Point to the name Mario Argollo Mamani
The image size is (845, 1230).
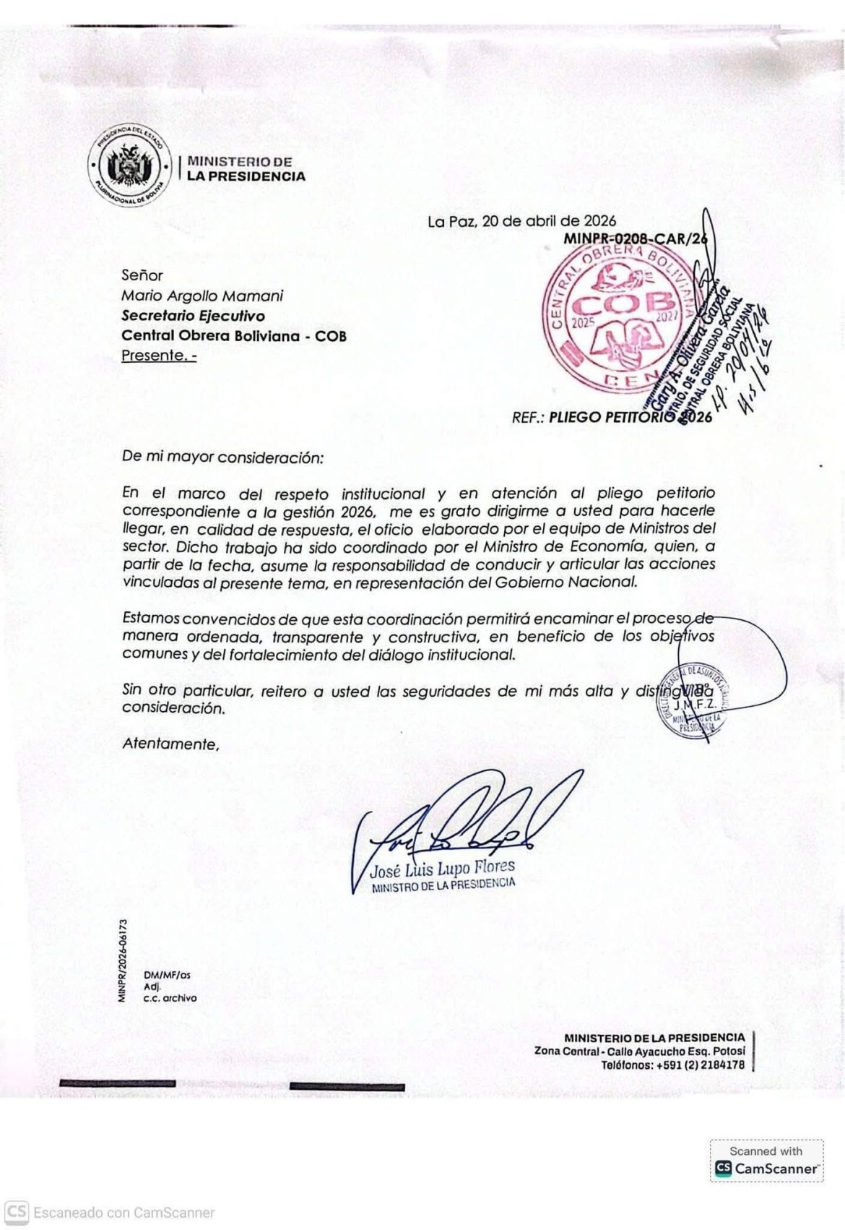(x=202, y=296)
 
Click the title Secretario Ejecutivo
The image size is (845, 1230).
(x=193, y=316)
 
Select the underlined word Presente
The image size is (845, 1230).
(x=158, y=356)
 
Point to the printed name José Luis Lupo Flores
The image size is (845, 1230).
(x=442, y=868)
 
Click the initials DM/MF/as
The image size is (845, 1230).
(x=167, y=975)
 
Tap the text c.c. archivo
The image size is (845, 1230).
(x=170, y=998)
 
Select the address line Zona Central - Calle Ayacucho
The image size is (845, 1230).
(x=639, y=1051)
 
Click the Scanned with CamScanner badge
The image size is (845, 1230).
(x=766, y=1161)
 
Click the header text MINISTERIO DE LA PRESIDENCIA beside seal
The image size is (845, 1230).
(x=246, y=168)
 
